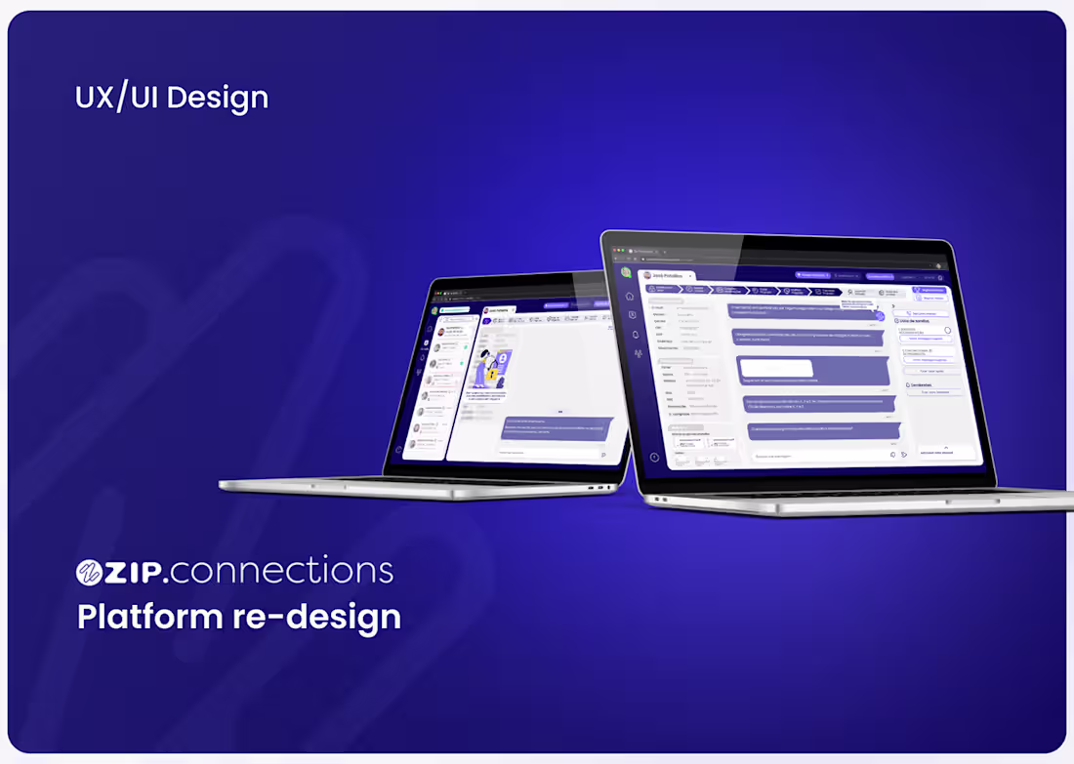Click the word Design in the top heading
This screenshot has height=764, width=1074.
click(x=221, y=98)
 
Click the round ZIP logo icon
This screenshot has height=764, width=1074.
click(x=90, y=573)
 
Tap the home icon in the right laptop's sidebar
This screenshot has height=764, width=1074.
click(x=630, y=296)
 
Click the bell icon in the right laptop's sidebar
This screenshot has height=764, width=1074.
click(x=635, y=334)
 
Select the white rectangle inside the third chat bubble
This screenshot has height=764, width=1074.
click(x=776, y=368)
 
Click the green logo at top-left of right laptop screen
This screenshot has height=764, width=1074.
click(x=625, y=271)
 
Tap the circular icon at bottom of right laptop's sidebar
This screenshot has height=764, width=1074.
click(x=654, y=457)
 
